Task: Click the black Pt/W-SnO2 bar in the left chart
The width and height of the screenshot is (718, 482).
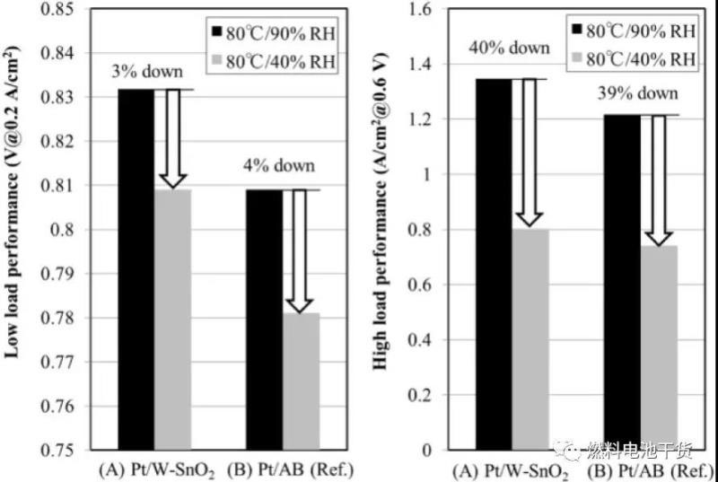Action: (136, 269)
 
